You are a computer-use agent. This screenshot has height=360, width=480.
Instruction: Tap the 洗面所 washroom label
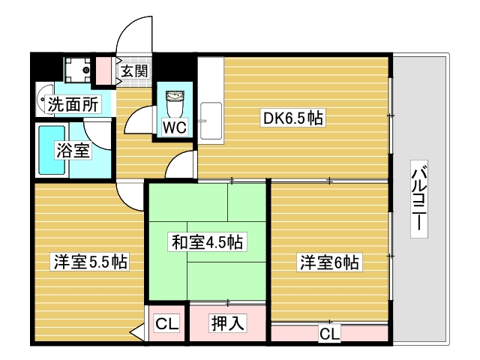click(73, 105)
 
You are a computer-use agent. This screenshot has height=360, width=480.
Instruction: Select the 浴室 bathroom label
click(73, 150)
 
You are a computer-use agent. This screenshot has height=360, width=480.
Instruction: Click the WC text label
click(174, 126)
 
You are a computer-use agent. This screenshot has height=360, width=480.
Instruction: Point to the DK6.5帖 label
click(292, 118)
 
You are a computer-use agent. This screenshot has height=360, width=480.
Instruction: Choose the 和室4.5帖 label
click(207, 241)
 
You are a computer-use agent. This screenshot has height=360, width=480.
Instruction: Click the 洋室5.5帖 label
click(89, 262)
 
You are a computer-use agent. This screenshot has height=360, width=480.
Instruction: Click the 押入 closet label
click(227, 323)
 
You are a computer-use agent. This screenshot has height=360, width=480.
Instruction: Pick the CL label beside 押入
click(166, 324)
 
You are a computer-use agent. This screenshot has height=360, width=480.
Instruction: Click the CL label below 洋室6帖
click(328, 333)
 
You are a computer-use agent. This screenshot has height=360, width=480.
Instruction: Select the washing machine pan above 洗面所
click(76, 70)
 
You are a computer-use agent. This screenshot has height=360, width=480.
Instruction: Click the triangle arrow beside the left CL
click(136, 330)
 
